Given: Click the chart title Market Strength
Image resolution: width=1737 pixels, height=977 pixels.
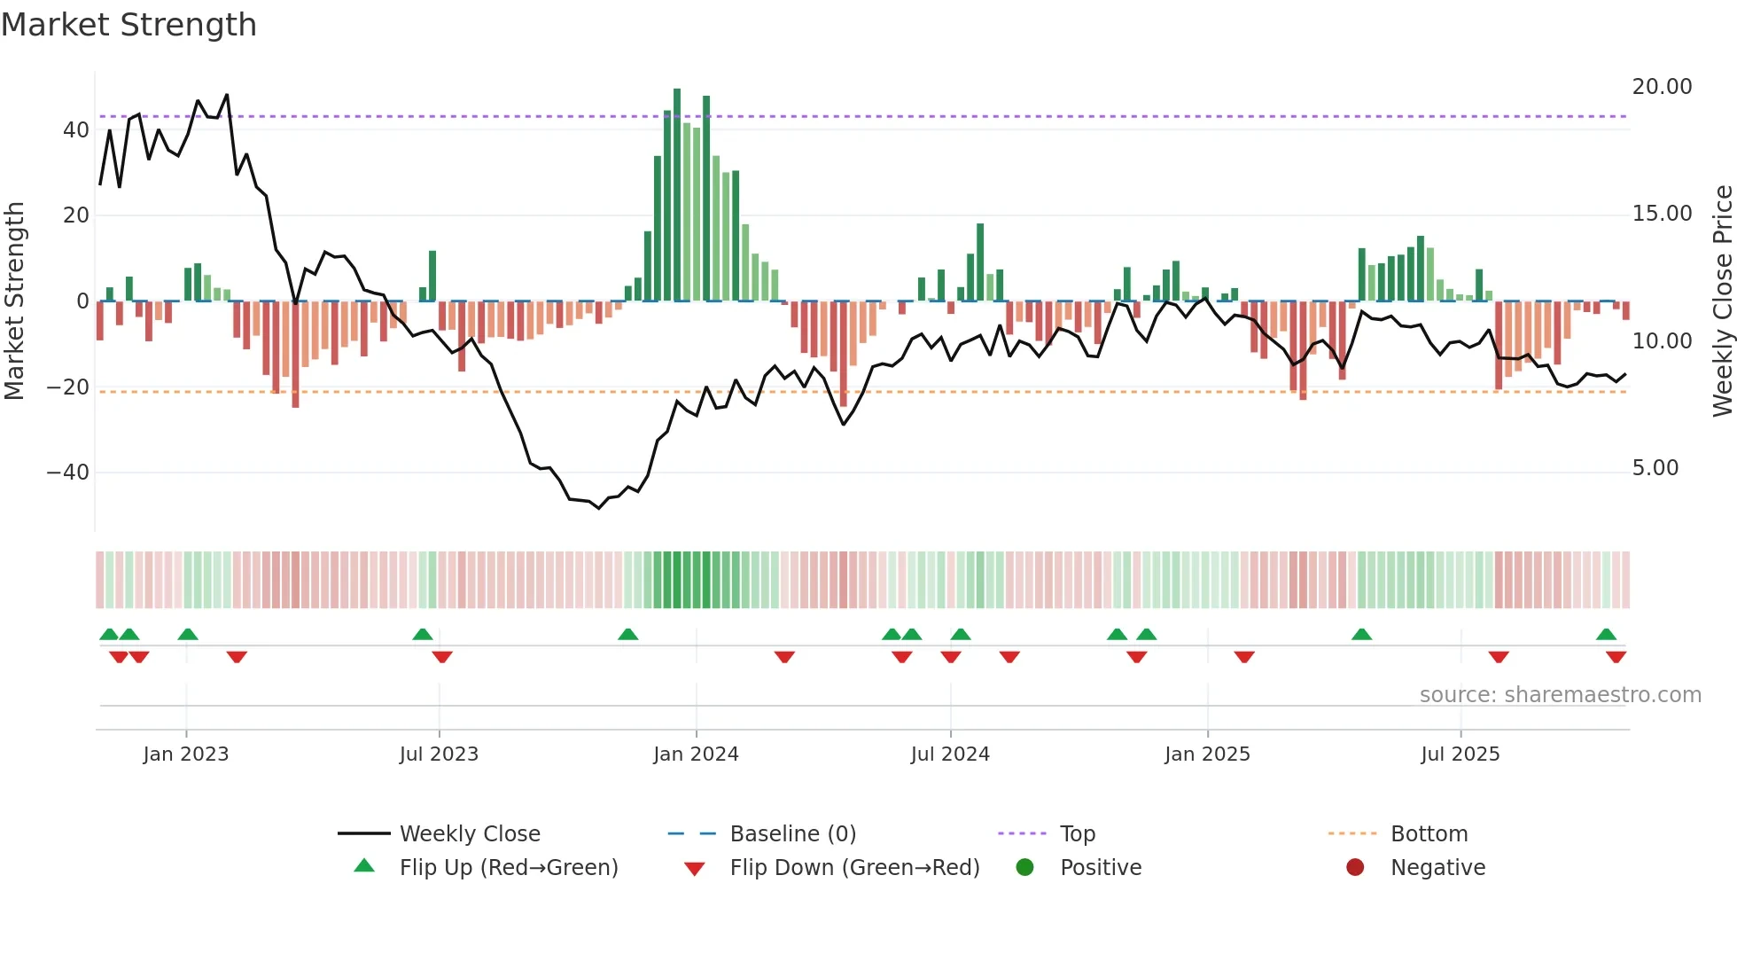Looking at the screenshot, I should (129, 25).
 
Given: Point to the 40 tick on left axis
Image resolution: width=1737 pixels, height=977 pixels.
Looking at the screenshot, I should (76, 130).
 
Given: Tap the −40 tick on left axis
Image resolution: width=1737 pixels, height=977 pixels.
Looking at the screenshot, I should (68, 473).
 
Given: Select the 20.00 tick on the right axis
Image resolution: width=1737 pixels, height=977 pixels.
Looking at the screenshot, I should (1662, 87).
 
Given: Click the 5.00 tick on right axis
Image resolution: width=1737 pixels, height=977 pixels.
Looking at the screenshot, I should (1655, 468).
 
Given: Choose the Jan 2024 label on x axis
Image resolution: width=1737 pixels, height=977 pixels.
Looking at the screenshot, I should (696, 754).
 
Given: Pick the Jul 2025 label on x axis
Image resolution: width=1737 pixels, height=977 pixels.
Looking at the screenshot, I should (1460, 754).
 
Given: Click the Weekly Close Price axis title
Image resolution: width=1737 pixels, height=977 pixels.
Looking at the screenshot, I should (1722, 301).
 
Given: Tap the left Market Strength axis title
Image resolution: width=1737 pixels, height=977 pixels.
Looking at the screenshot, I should (14, 301).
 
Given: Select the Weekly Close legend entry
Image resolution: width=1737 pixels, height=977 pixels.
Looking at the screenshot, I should (470, 834).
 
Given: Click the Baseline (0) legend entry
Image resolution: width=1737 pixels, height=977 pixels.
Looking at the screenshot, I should (792, 834).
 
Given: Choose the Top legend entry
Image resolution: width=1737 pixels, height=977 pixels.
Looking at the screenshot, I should (1078, 834).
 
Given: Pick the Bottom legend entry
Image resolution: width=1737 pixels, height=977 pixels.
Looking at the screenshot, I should (1429, 834).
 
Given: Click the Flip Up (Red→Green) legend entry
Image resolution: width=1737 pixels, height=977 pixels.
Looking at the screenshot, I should (508, 868).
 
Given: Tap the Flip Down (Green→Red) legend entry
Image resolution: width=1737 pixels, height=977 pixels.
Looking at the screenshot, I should (854, 868).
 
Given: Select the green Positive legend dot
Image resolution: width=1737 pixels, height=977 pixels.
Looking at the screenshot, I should (1025, 868).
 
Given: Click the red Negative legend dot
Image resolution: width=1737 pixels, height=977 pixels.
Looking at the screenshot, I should (1355, 868).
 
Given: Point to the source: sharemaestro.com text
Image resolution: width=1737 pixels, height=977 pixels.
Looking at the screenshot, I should (1560, 695).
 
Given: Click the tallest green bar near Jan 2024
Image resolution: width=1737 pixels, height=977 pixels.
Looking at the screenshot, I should (677, 195).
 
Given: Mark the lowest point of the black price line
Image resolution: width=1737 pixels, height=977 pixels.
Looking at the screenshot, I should (599, 508).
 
